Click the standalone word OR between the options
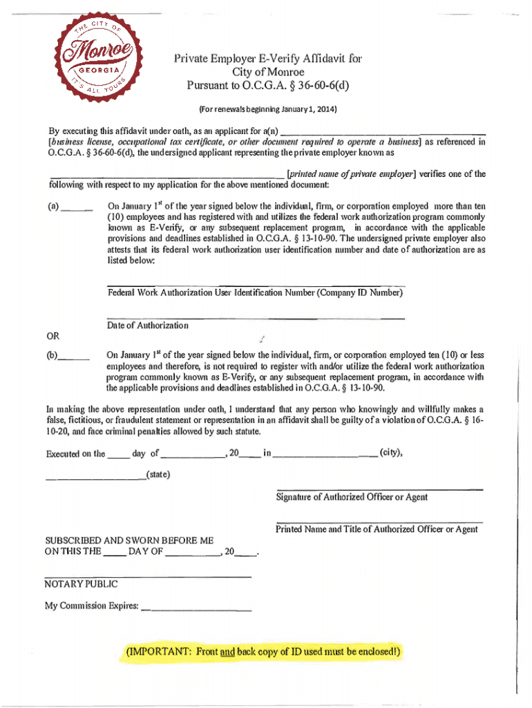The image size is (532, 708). [53, 337]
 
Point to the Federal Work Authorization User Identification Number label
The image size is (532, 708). [255, 293]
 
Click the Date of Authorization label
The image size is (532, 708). [148, 326]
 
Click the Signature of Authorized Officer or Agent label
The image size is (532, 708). [352, 497]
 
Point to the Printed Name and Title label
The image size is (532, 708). [377, 530]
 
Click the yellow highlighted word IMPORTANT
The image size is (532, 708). [158, 652]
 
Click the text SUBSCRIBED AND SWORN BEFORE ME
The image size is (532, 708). [129, 541]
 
